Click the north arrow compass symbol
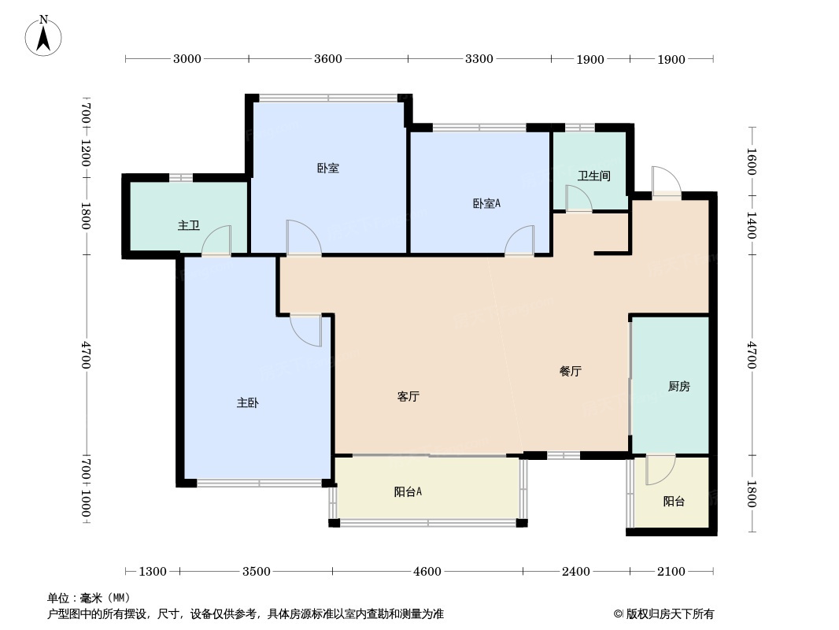click(44, 35)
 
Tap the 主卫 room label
click(188, 226)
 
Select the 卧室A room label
click(486, 203)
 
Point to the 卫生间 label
click(594, 176)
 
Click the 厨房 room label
click(678, 386)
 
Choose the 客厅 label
click(408, 397)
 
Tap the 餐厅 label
click(571, 371)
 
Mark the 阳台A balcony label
click(408, 492)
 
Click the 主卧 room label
click(248, 402)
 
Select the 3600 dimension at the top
click(328, 58)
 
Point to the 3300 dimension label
click(479, 58)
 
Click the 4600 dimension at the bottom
click(427, 572)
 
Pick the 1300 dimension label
click(153, 572)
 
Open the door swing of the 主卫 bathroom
click(220, 240)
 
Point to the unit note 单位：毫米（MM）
click(89, 598)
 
